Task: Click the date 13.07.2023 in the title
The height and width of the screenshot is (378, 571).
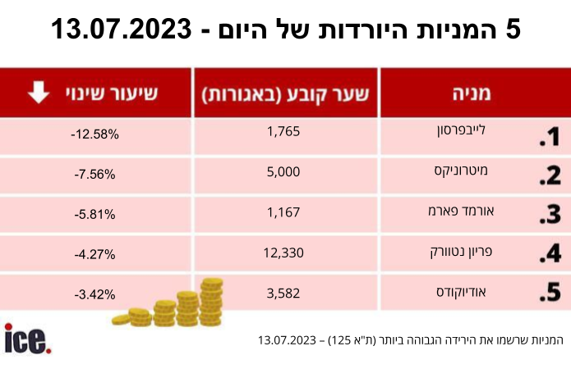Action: point(122,29)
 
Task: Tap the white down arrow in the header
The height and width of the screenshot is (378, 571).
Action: point(39,93)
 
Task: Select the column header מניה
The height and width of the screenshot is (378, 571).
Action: point(472,93)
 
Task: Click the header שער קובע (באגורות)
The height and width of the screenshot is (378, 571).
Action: point(286,94)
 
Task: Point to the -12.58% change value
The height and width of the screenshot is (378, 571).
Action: point(95,134)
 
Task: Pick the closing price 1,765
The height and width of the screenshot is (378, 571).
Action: point(283,131)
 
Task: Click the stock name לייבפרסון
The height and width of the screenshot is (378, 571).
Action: point(462,130)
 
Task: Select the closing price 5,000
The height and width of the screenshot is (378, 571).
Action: point(283,171)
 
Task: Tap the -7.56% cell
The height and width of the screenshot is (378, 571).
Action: point(95,175)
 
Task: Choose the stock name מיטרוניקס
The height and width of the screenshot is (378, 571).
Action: point(461,171)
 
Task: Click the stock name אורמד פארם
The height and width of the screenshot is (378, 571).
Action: point(461,211)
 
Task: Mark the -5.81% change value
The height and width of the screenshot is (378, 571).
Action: point(95,215)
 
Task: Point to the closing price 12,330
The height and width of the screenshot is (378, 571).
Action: point(283,253)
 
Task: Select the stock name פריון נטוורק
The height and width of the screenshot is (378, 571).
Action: point(461,252)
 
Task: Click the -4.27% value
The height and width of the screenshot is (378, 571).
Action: point(95,254)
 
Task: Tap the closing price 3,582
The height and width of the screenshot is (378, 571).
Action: point(283,293)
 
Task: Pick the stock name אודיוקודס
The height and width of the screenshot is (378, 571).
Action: point(461,292)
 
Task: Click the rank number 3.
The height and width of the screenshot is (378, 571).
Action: point(550,215)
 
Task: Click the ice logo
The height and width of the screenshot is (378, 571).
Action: point(28,339)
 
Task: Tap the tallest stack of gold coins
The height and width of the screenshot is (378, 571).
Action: point(211,302)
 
